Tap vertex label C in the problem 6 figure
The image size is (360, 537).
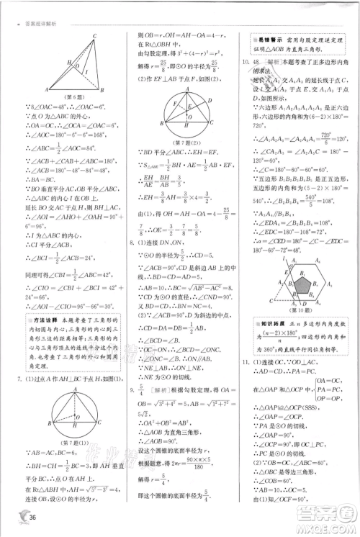click(x=94, y=38)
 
